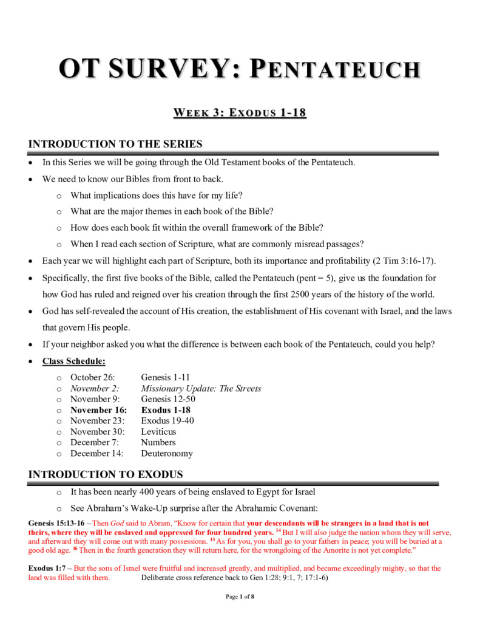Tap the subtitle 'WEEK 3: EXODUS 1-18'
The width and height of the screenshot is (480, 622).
point(240,113)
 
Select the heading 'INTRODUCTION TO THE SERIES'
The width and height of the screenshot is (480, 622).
point(115,144)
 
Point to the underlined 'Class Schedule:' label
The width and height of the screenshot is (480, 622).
point(73,361)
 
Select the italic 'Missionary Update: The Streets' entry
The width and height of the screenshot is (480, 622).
point(201,388)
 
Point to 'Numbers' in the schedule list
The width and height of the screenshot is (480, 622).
point(158,443)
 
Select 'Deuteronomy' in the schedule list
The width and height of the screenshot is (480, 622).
point(167,454)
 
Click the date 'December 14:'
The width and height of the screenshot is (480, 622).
point(97,454)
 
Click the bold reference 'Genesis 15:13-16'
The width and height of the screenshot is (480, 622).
point(56,523)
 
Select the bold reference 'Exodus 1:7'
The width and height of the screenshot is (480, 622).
point(46,569)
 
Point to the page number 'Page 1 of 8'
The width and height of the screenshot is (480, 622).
point(240,597)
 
